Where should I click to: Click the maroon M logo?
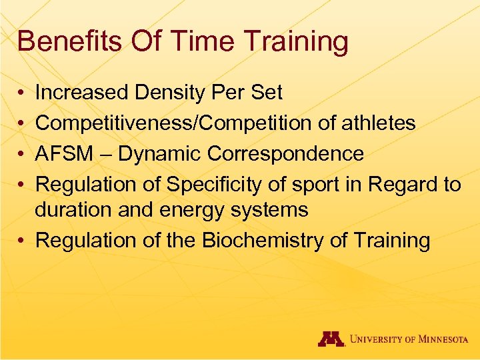331,339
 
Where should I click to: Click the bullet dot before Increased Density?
23,93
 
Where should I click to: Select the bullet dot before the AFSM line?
23,155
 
